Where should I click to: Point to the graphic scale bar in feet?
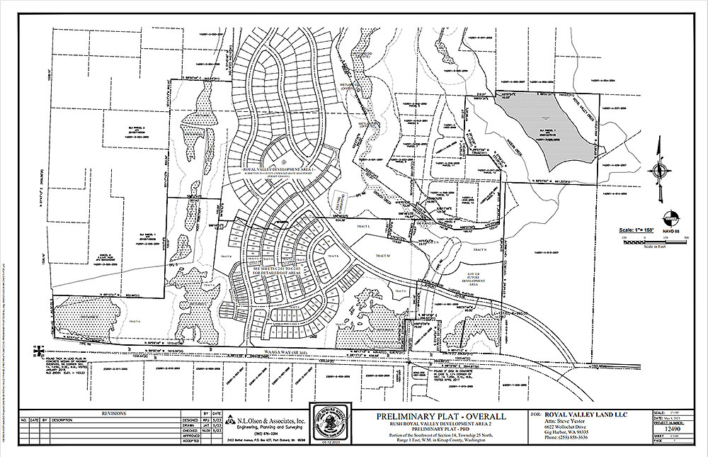click(646, 239)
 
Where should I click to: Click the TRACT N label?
click(480, 250)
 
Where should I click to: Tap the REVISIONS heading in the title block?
click(114, 412)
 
